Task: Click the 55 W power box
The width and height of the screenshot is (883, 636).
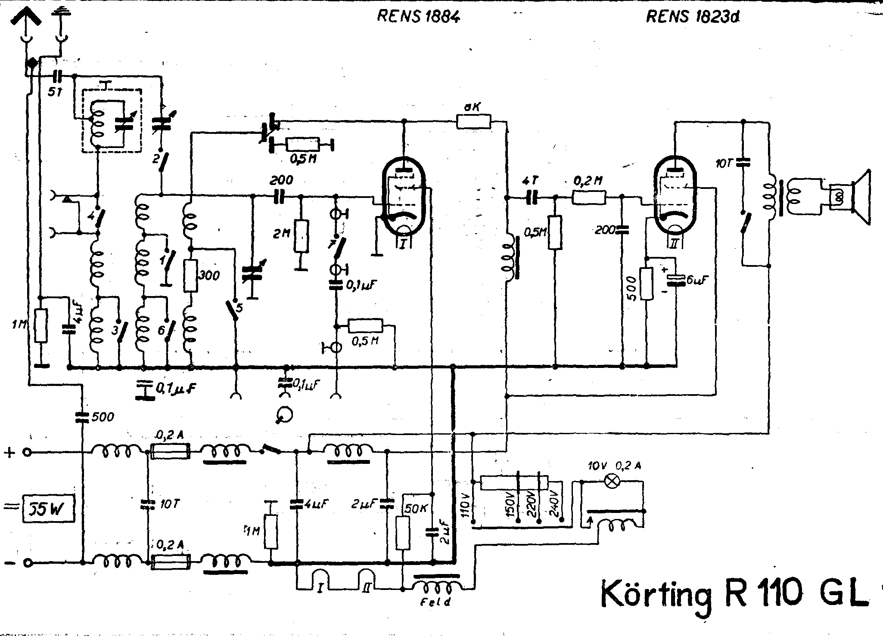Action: click(48, 510)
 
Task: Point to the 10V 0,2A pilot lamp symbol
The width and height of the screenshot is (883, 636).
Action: click(611, 482)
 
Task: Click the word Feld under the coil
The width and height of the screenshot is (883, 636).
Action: click(435, 602)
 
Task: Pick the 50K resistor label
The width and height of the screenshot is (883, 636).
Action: click(415, 508)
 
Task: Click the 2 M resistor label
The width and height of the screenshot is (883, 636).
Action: click(282, 234)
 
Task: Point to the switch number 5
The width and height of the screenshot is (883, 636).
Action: click(239, 307)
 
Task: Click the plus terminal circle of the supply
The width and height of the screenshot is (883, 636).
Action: click(28, 452)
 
